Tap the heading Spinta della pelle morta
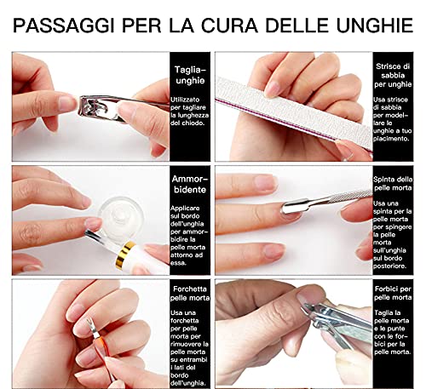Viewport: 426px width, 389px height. tap(397, 185)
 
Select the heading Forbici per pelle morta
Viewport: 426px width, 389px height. tap(397, 294)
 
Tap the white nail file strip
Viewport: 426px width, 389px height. tap(290, 102)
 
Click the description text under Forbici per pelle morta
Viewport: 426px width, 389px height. tap(397, 336)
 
